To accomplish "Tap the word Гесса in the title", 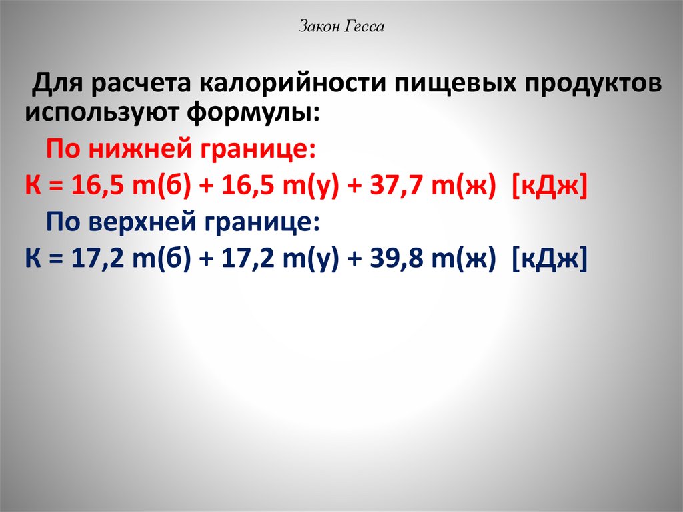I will [366, 27].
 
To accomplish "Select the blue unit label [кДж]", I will [549, 258].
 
